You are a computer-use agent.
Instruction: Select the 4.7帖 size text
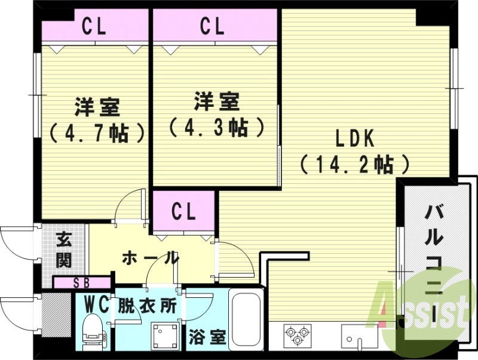(x=97, y=132)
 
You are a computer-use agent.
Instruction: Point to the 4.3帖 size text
(x=216, y=127)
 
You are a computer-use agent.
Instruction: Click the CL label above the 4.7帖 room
(x=94, y=27)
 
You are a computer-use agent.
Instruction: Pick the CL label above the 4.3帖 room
(x=212, y=27)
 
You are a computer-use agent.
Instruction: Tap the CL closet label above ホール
(x=183, y=211)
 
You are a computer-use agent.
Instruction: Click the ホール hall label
(x=150, y=259)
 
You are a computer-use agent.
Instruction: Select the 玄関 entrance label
(x=65, y=250)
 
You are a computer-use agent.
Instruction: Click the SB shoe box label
(x=82, y=283)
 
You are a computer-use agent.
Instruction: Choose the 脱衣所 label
(x=146, y=306)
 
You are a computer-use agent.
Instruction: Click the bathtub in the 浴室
(x=245, y=321)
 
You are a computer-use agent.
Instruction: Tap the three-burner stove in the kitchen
(x=297, y=334)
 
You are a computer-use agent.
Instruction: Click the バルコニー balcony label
(x=434, y=263)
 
